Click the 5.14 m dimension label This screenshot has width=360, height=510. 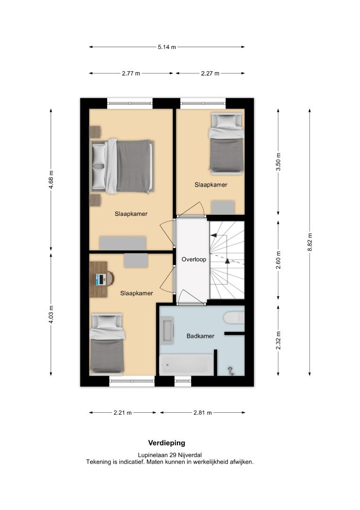167,47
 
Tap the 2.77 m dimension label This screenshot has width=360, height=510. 131,74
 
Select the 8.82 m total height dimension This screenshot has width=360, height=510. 310,242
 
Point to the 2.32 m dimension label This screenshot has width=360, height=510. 278,340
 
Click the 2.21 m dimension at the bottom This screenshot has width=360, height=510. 123,413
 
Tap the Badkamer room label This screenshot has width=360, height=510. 201,336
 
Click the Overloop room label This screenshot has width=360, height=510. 194,259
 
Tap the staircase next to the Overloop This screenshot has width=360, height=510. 227,260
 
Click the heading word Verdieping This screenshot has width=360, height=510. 167,442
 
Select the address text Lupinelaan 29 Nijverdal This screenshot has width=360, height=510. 170,455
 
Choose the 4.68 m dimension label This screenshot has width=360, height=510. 51,180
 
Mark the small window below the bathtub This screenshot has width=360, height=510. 183,381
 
